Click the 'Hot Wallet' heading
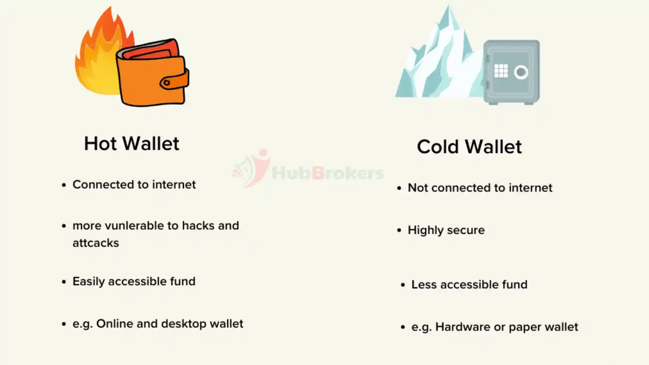(x=131, y=144)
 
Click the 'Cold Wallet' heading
(x=469, y=147)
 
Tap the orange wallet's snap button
(x=166, y=82)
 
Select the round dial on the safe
(x=521, y=72)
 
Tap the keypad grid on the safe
(x=501, y=71)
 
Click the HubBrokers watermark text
(x=328, y=173)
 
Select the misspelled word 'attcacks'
(x=96, y=243)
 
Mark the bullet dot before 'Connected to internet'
(x=64, y=185)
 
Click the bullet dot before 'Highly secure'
(x=399, y=230)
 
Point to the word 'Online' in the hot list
(x=115, y=324)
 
